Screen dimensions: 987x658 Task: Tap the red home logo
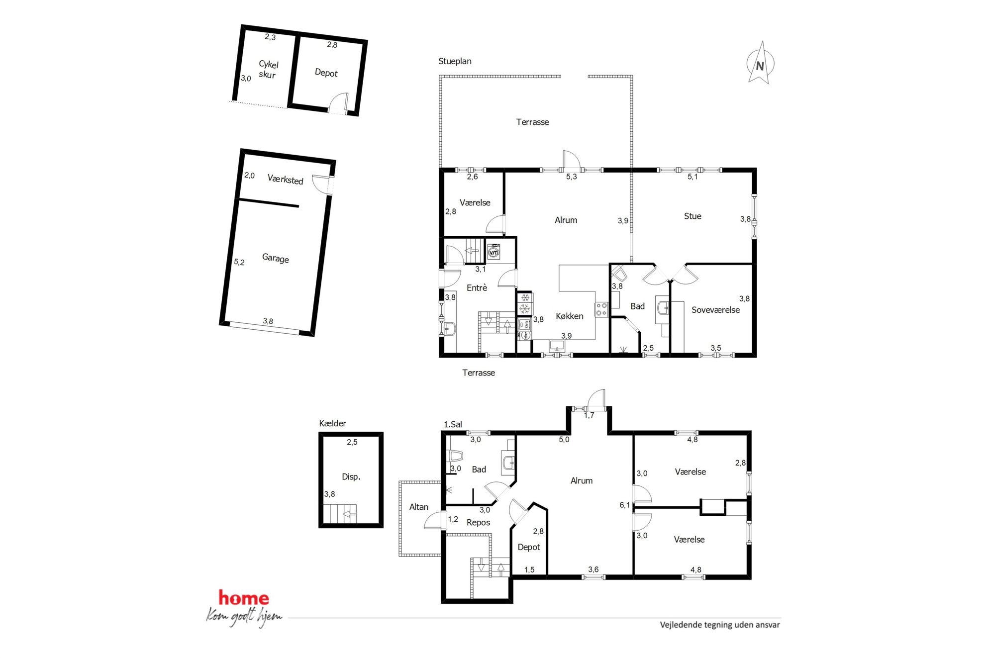(243, 598)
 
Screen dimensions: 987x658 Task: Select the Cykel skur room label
(268, 70)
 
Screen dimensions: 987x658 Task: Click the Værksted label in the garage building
(285, 179)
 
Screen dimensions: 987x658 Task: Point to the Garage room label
(275, 258)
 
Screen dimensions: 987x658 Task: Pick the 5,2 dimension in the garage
(239, 262)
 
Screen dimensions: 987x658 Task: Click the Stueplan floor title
(455, 61)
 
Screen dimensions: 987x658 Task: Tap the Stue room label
(692, 216)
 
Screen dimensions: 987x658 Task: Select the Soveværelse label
(715, 310)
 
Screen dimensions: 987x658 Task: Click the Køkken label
(570, 316)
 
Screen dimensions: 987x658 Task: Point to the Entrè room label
(477, 287)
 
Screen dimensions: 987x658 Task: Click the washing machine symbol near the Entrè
(493, 252)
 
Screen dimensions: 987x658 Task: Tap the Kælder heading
(332, 423)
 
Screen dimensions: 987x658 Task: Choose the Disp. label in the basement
(351, 476)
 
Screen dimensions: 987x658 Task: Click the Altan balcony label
(418, 507)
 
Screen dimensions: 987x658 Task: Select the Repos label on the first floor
(478, 522)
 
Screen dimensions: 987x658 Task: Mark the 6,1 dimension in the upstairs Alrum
(625, 505)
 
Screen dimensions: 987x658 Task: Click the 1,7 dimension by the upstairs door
(589, 415)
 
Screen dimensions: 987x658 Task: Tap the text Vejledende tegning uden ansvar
(720, 625)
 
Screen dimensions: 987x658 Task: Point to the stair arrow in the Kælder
(350, 514)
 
